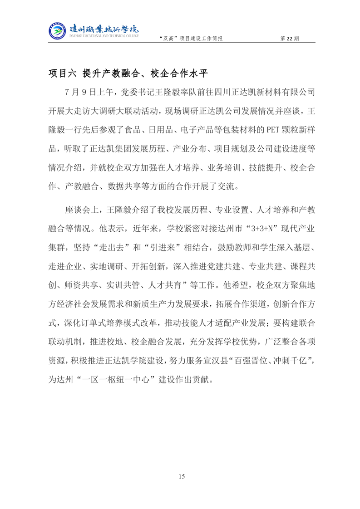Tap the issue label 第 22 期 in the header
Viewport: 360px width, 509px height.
pos(291,39)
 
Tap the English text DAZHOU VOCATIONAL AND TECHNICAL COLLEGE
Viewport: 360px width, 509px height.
pos(104,35)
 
